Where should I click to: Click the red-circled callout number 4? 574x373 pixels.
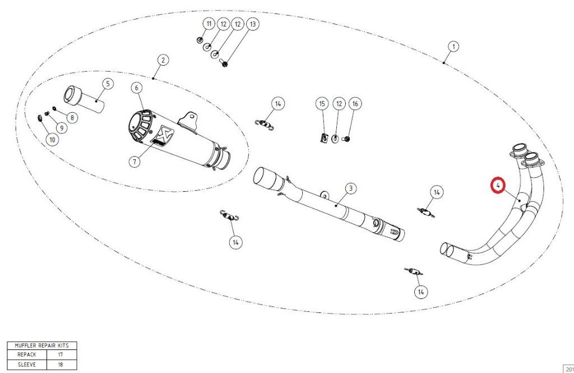click(x=498, y=186)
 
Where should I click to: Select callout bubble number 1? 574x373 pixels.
click(x=453, y=47)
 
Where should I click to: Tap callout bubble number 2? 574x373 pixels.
click(x=163, y=60)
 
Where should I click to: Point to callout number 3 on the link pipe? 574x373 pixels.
click(x=351, y=188)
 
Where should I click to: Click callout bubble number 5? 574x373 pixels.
click(x=108, y=84)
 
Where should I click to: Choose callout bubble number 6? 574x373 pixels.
click(x=137, y=88)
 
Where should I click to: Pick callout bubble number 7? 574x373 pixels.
click(x=135, y=161)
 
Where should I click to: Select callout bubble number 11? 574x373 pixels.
click(x=209, y=24)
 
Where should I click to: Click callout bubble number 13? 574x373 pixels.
click(x=253, y=24)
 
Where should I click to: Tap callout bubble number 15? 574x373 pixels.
click(x=322, y=104)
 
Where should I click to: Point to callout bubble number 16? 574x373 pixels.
click(x=355, y=104)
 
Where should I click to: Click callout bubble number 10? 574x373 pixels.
click(x=52, y=140)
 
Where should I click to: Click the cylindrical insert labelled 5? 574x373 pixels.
click(x=84, y=99)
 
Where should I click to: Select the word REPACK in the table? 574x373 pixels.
click(x=27, y=354)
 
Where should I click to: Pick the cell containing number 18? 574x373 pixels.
click(x=62, y=365)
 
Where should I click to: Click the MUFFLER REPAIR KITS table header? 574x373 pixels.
click(x=41, y=346)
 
